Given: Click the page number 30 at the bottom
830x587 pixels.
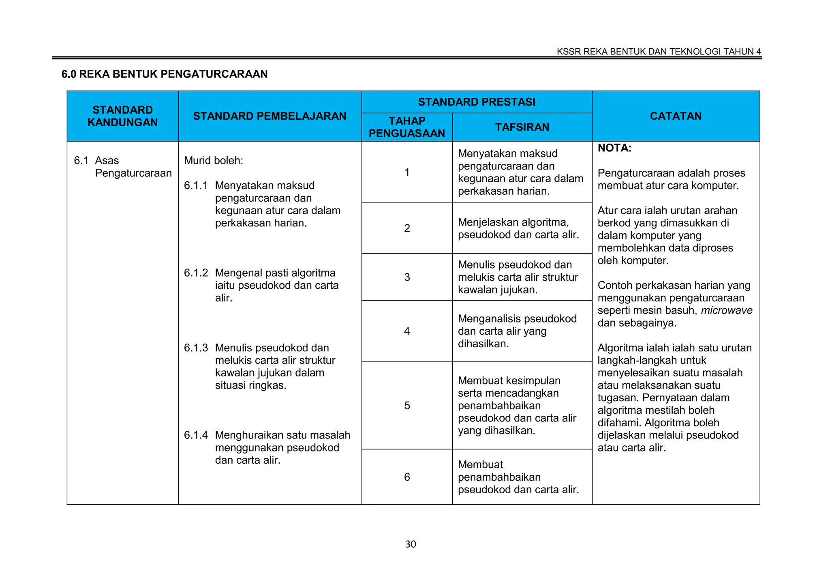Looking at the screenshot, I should coord(411,544).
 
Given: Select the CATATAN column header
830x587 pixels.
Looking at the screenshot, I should coord(676,116).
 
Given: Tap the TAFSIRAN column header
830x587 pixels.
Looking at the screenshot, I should coord(522,127).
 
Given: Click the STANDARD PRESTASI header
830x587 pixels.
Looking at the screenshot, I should coord(477,102).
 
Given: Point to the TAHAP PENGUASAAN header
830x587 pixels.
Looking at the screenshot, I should coord(407,127).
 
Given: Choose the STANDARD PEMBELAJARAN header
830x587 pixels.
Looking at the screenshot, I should coord(270,116).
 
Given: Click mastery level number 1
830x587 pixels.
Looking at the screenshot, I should coord(407,172).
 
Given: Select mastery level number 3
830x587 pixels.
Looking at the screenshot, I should coord(407,277).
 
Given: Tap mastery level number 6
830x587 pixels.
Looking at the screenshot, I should coord(407,477).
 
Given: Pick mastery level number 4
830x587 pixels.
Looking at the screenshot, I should coord(407,331).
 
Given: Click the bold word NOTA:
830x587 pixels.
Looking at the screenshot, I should coord(614,148).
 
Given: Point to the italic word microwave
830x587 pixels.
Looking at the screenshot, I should coord(727,311).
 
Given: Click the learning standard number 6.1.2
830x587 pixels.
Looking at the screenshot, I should coord(196,273).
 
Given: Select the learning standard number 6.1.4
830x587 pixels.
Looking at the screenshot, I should coord(196,435).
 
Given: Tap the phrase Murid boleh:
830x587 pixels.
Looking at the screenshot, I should coord(214,161).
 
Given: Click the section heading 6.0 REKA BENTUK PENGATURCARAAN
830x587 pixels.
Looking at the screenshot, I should coord(165,74).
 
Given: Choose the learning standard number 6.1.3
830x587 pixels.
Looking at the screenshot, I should coord(196,348).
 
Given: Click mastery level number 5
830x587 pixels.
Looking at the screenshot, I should coord(407,406).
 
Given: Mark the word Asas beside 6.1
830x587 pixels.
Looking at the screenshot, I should coord(107,161).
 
